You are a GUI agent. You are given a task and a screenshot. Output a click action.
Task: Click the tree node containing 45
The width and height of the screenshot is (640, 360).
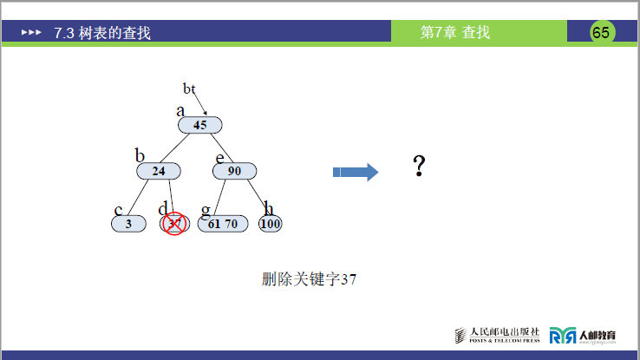pos(200,125)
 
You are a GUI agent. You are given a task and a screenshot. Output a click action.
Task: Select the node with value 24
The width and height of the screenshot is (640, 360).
pos(159,171)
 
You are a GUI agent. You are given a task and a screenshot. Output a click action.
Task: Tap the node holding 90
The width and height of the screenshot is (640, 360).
pos(235,171)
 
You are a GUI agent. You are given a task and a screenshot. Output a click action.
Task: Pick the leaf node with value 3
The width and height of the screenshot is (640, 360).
pos(128,224)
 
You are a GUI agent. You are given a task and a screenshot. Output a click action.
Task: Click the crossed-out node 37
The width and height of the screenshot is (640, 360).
pos(174,224)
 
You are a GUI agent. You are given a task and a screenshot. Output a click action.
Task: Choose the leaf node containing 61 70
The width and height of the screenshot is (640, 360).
pos(223,224)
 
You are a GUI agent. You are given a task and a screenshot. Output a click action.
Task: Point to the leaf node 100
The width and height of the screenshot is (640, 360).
pos(271,224)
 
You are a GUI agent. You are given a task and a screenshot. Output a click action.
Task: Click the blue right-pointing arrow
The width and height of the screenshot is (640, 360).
pos(356,172)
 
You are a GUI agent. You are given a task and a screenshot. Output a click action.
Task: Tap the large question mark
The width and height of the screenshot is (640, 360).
pos(419,167)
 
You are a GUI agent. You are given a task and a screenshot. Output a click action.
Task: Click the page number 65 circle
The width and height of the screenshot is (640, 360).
pos(601,33)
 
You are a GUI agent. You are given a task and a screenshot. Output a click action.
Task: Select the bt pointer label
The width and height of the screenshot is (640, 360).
pos(189,88)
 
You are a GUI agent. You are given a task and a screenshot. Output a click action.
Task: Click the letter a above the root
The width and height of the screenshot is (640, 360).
pos(180,110)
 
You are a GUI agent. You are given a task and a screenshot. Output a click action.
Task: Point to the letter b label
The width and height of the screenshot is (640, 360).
pos(139,155)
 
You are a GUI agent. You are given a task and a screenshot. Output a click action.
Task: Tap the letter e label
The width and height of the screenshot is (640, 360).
pos(219,157)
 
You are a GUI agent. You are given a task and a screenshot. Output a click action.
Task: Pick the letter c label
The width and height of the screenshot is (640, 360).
pos(118,210)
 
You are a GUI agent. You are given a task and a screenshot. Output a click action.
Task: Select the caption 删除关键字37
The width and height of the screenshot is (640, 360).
pos(310,279)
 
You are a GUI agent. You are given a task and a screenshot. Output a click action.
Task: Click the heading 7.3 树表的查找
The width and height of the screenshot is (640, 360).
pos(101,33)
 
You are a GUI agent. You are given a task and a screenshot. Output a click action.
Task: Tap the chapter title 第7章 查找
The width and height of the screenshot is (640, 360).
pos(454,33)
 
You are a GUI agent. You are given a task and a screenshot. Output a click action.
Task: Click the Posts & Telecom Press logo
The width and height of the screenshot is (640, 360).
pos(498,335)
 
